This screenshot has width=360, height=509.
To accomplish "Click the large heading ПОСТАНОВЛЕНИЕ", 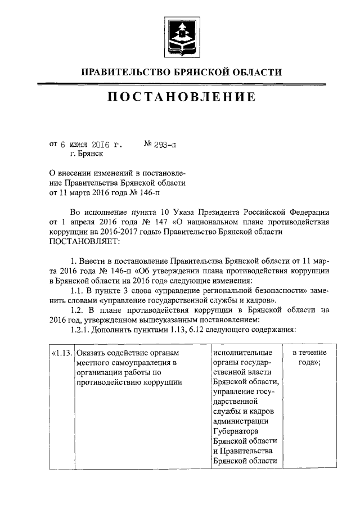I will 180,97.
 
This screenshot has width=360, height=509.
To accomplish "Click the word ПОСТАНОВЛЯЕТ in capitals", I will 84,242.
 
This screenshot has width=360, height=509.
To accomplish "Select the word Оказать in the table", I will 92,353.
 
